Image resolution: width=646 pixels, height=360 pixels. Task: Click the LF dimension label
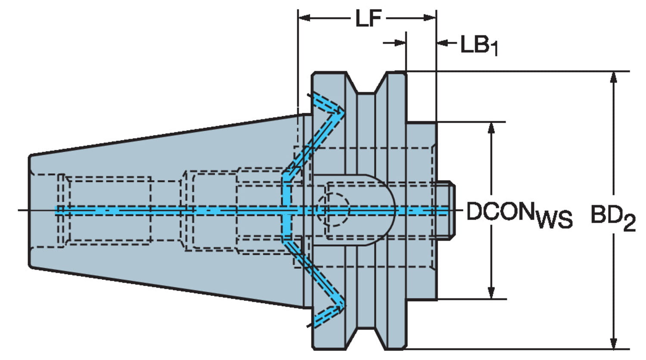coord(368,19)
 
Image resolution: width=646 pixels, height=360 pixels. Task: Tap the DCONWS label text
coord(519,213)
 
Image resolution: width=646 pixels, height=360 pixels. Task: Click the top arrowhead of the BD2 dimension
coord(614,78)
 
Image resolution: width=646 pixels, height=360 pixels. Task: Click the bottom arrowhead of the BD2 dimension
coord(614,343)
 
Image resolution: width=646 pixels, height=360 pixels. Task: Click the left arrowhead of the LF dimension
coord(304,18)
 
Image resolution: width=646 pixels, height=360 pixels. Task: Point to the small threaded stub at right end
coord(445,210)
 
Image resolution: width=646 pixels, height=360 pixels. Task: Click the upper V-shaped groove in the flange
coord(366,84)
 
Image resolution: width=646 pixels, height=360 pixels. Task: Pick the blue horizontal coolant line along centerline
coord(172,211)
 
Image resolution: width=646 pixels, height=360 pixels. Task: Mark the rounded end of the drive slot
coord(388,210)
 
